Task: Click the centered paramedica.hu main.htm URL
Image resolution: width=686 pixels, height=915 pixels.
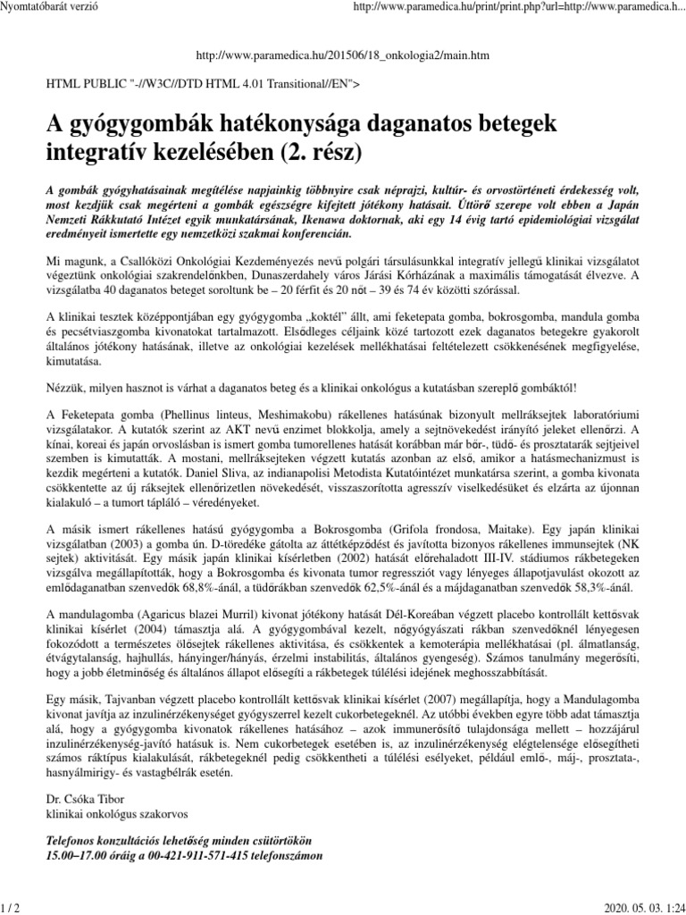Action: [x=342, y=56]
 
